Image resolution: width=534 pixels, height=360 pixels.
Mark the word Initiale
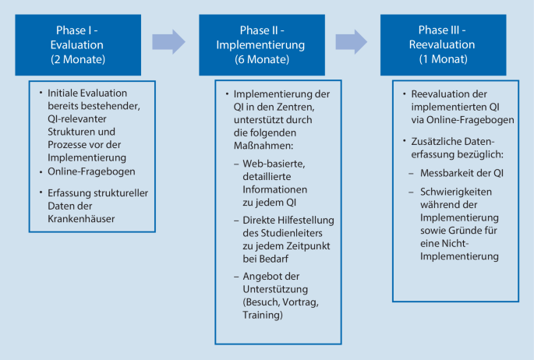tap(66, 93)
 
